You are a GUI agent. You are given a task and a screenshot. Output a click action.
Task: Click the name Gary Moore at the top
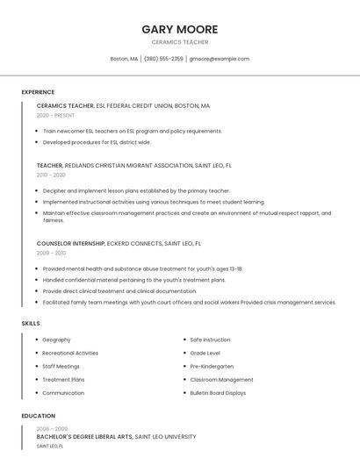(x=180, y=29)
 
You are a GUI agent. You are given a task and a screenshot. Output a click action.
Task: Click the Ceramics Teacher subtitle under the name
(x=180, y=42)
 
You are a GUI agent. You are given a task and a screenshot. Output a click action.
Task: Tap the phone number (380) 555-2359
(x=163, y=59)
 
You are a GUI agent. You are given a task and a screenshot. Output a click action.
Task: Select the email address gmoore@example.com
(x=220, y=59)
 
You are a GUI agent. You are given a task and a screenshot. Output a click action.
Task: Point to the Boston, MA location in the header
(x=124, y=59)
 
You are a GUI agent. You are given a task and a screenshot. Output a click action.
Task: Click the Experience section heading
(x=38, y=92)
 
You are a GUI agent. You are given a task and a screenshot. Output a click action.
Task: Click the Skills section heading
(x=31, y=323)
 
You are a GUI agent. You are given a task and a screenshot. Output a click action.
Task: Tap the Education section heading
(x=38, y=416)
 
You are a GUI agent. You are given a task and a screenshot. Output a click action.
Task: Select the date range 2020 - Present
(x=55, y=115)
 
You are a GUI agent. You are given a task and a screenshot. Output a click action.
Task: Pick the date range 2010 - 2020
(x=51, y=175)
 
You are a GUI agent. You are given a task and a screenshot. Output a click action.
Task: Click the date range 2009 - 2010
(x=51, y=253)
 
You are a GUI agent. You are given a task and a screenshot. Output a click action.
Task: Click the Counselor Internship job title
(x=70, y=243)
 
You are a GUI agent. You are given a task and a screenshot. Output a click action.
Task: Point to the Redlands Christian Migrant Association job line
(x=133, y=165)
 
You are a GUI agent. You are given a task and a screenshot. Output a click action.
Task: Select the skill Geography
(x=56, y=340)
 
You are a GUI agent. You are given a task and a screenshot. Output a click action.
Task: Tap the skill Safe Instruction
(x=210, y=340)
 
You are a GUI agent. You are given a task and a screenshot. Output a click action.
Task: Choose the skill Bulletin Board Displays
(x=218, y=393)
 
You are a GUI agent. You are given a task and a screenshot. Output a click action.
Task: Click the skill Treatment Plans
(x=63, y=380)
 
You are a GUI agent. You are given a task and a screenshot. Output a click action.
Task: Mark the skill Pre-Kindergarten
(x=212, y=366)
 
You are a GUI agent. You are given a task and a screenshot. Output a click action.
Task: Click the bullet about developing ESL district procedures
(x=97, y=142)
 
